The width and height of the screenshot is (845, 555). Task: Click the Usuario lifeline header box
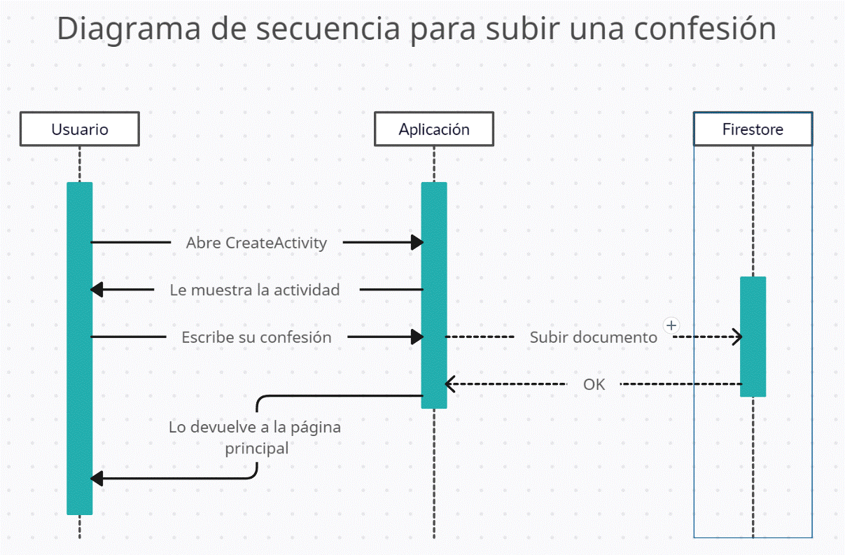(x=80, y=129)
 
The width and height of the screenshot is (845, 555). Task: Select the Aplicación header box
(x=434, y=129)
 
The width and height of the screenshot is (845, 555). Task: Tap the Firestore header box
(x=753, y=129)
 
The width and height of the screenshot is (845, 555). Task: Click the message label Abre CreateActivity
(x=256, y=243)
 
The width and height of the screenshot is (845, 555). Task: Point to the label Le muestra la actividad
(x=255, y=290)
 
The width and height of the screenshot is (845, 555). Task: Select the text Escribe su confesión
(x=256, y=337)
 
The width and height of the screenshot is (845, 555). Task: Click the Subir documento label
(x=594, y=337)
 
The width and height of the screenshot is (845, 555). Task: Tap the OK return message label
(x=594, y=384)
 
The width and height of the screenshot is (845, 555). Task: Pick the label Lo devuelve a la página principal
(x=255, y=437)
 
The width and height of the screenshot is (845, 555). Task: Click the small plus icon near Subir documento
(x=671, y=325)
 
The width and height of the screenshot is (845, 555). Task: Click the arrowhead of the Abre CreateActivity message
(x=417, y=242)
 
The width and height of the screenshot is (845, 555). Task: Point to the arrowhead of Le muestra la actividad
(x=97, y=290)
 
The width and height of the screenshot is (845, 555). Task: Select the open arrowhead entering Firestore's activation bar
(x=737, y=337)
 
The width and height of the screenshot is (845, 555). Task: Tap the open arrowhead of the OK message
(x=450, y=384)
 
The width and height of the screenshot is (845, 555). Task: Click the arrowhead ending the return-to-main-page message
(x=97, y=479)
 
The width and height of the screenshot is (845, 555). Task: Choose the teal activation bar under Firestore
(x=753, y=337)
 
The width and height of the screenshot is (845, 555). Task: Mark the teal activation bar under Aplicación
(x=434, y=295)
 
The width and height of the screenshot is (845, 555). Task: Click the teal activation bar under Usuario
(x=80, y=349)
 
